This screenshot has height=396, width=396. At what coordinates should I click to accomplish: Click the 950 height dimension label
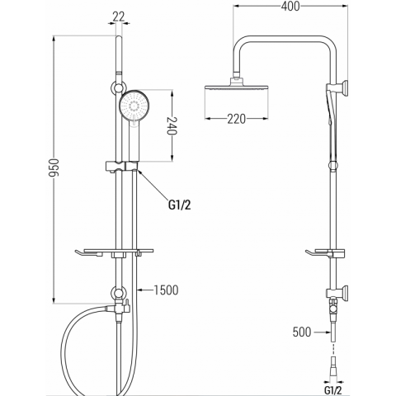tap(54, 167)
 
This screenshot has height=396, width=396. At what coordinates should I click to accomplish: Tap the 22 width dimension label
tap(119, 16)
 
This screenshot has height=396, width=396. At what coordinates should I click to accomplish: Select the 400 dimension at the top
tap(290, 6)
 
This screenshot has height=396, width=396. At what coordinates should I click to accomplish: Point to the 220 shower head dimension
tap(236, 119)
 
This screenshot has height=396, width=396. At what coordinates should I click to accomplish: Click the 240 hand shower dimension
tap(172, 125)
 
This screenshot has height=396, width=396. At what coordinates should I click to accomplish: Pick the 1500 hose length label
tap(166, 290)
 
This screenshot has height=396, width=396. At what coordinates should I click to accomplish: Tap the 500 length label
tap(302, 332)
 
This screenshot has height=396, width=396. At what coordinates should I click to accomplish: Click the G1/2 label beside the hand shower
tap(179, 205)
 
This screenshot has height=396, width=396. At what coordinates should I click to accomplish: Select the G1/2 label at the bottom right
tap(332, 390)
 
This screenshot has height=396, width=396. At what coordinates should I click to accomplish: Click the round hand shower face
tap(134, 106)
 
